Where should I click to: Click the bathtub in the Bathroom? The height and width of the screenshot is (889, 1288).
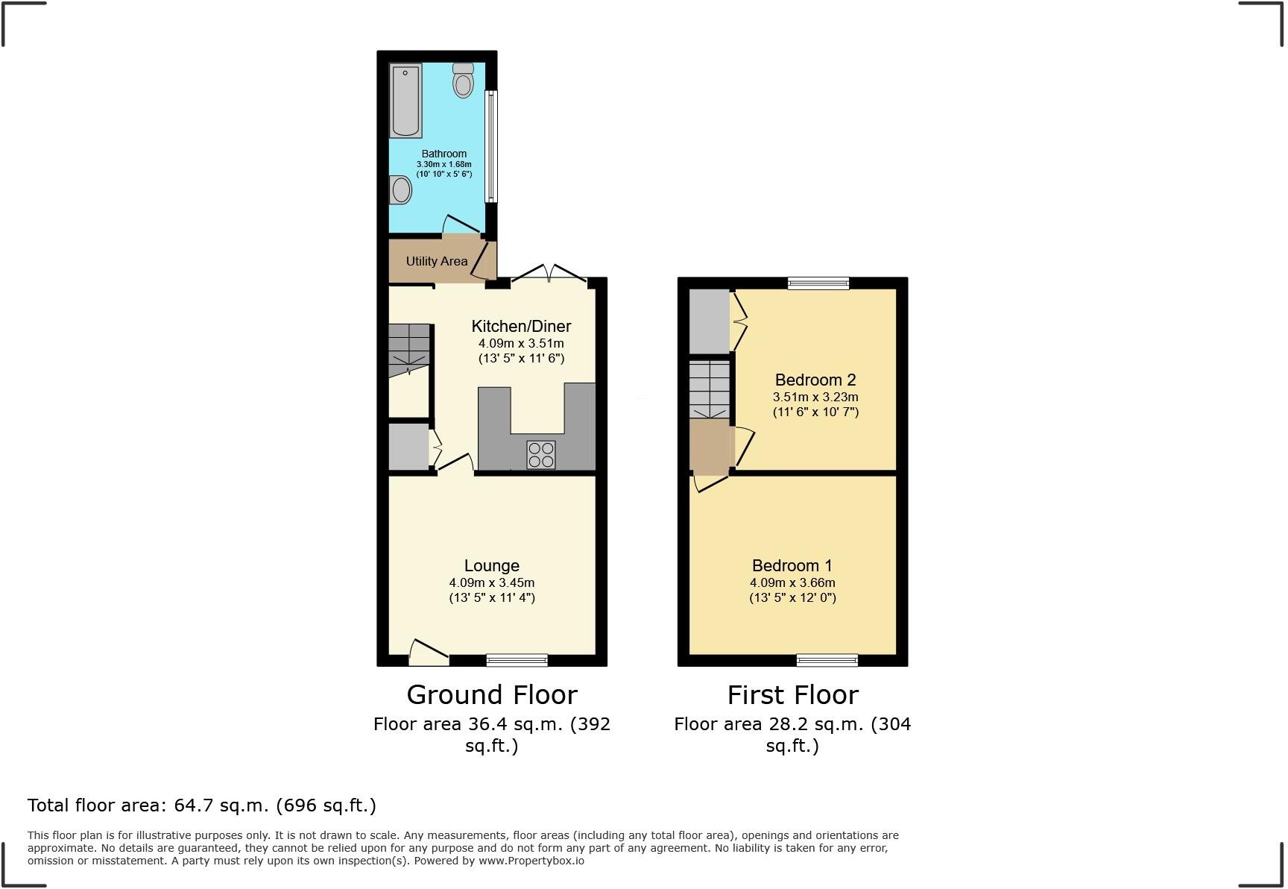point(405,101)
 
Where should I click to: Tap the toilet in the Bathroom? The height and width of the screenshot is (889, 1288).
point(463,81)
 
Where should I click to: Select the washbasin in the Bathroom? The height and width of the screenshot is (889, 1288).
point(400,189)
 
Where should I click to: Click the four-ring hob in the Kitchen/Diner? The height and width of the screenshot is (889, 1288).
point(541,455)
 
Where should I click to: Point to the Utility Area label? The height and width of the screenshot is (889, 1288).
point(437,261)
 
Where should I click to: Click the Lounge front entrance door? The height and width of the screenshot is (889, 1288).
point(429,652)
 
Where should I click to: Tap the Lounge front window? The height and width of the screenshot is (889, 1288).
point(517,659)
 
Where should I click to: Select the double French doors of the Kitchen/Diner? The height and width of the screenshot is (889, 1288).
point(549,273)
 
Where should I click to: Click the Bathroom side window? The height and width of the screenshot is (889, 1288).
point(491,146)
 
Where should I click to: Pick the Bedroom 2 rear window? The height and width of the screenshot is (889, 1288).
point(818,283)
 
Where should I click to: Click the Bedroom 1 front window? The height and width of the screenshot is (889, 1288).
point(827,659)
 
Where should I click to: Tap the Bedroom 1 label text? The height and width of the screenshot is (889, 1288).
point(792,565)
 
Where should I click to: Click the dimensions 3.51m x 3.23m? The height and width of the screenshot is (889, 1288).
point(815,397)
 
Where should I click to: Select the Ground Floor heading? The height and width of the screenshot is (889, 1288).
point(492,695)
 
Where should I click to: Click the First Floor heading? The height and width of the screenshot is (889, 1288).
point(792,695)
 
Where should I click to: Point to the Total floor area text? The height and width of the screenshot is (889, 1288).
point(202,805)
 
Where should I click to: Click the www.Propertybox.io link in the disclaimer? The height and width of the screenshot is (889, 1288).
point(531,861)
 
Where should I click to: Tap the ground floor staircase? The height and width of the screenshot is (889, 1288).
point(409,348)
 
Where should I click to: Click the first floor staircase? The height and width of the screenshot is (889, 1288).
point(709,389)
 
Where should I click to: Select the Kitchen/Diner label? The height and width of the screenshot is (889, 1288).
point(521,326)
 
